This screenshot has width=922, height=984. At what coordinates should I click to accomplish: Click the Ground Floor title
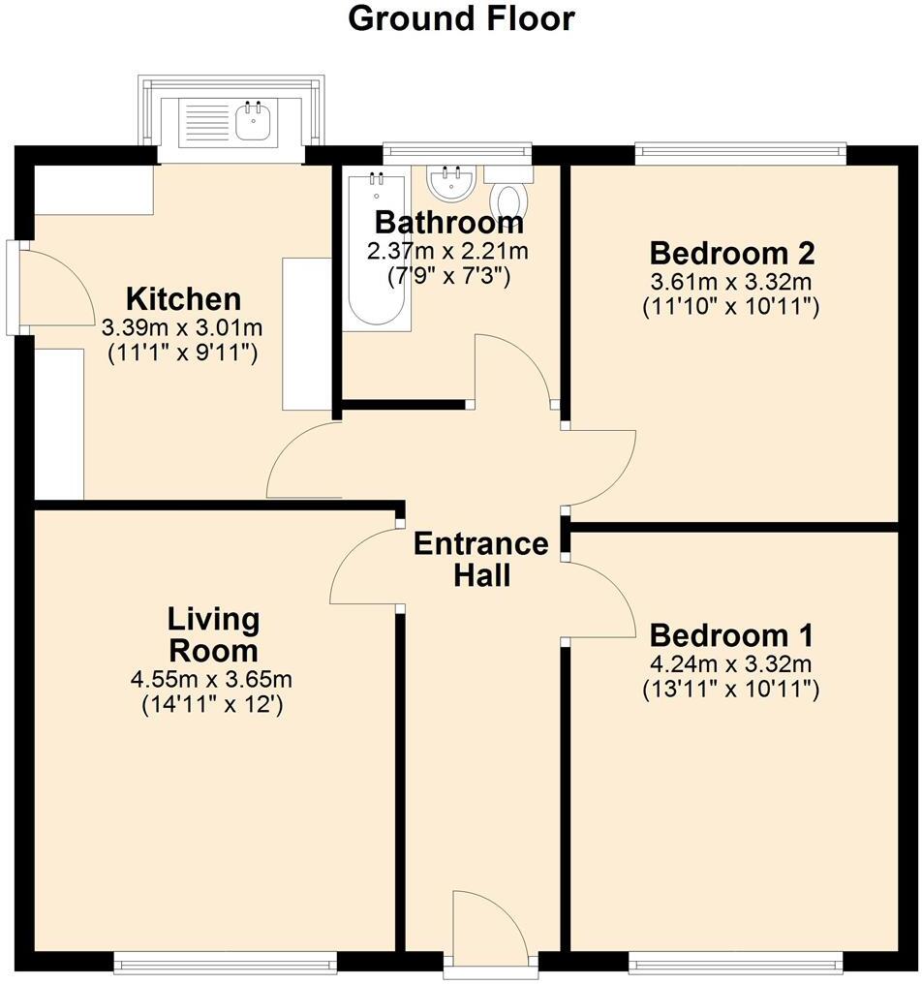(x=461, y=18)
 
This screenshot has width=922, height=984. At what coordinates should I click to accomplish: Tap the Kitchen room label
(x=184, y=298)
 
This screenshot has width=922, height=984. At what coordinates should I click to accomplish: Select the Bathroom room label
(x=448, y=223)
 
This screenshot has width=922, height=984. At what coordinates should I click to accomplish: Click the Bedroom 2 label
(x=731, y=254)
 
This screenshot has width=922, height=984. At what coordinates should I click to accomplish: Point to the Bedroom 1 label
(x=731, y=636)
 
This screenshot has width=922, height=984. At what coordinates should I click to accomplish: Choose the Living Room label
(x=213, y=633)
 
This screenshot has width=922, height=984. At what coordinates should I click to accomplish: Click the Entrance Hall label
(x=481, y=560)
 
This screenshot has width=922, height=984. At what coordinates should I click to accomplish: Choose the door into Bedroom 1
(x=597, y=600)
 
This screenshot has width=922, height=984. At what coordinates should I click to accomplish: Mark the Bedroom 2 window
(x=740, y=152)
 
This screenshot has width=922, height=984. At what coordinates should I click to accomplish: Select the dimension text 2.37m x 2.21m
(x=448, y=252)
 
